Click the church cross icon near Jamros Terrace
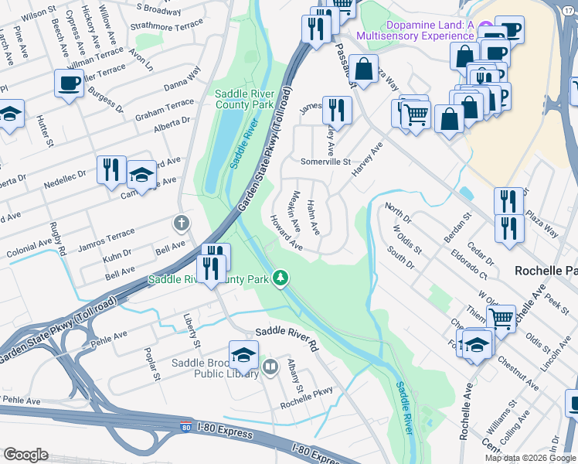click(x=182, y=224)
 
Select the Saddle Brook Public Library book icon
click(x=270, y=367)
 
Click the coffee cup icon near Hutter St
click(x=69, y=83)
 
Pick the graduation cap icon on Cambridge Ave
click(x=141, y=176)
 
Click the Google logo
click(x=26, y=455)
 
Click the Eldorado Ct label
click(x=471, y=264)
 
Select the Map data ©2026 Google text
click(x=529, y=458)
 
